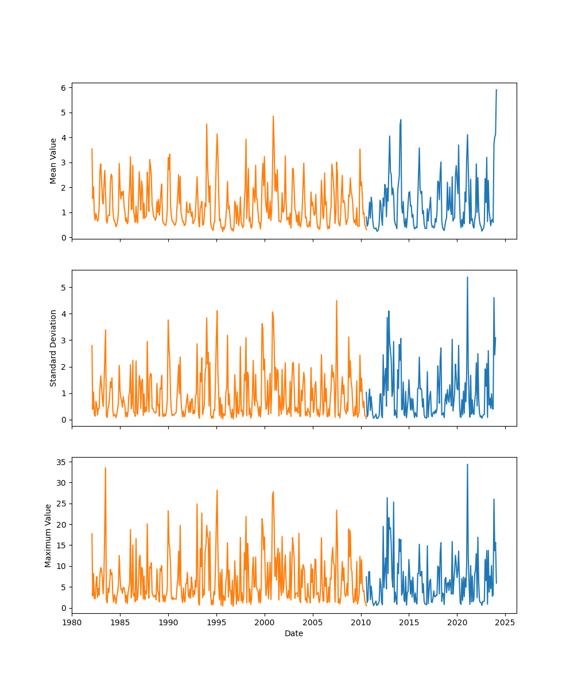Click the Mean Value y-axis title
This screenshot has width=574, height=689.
[53, 161]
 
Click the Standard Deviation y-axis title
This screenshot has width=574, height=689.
[53, 348]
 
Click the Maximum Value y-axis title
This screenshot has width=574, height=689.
[48, 536]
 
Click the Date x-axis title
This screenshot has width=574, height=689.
[294, 633]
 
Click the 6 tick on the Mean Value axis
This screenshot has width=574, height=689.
[64, 87]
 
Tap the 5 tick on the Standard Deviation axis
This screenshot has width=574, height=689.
[64, 287]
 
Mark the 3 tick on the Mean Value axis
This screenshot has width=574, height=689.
[64, 162]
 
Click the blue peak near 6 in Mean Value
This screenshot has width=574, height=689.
[497, 90]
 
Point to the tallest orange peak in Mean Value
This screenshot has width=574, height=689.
[273, 116]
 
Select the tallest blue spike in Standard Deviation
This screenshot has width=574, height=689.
[467, 277]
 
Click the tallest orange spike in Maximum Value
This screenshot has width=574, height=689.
[105, 468]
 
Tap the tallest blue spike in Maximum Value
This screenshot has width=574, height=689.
[467, 464]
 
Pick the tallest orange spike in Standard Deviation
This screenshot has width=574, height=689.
[336, 300]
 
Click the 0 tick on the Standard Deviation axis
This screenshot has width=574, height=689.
[64, 420]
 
